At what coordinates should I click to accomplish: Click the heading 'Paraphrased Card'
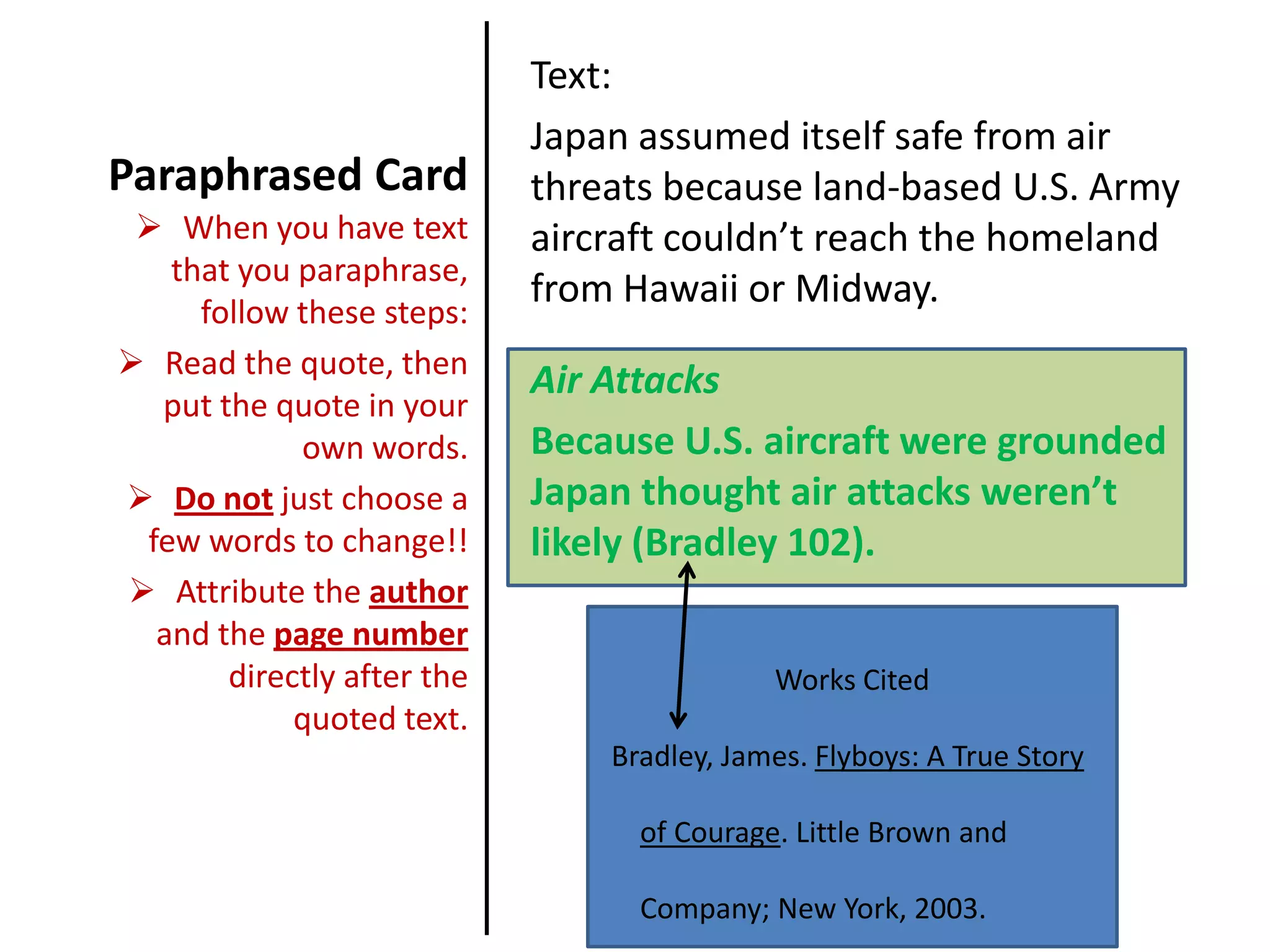pos(288,175)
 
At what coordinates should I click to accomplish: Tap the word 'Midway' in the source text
pos(864,289)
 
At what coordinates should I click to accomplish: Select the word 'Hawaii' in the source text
pos(680,289)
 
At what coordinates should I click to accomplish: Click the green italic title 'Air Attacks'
pos(624,380)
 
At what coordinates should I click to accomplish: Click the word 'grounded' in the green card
pos(1081,441)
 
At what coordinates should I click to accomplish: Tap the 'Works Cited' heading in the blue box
pos(851,680)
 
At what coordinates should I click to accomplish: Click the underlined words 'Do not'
pos(224,500)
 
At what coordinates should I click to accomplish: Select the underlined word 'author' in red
pos(419,593)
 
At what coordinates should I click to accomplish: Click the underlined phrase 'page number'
pos(371,635)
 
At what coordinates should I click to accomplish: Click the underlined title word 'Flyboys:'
pos(866,756)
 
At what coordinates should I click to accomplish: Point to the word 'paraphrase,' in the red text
pos(383,271)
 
